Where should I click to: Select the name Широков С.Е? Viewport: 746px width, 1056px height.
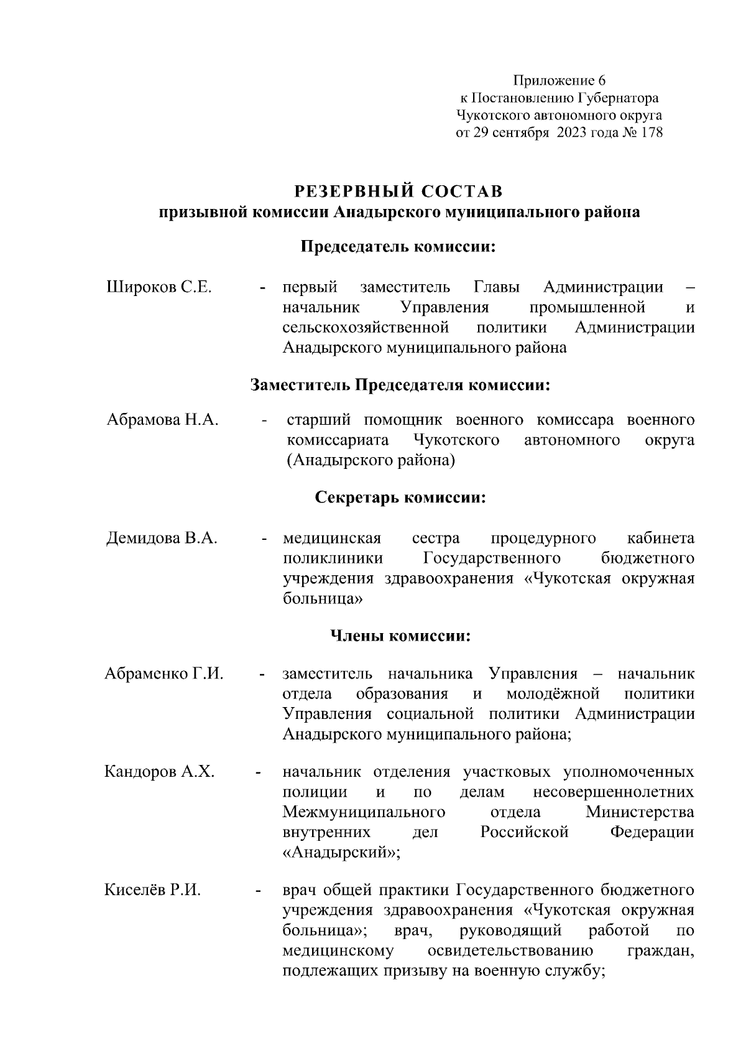159,288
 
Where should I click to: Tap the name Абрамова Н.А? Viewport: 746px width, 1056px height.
162,420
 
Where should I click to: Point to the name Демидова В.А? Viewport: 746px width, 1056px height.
162,538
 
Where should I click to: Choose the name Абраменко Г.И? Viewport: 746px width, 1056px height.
164,674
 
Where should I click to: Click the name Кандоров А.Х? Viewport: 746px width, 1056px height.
160,772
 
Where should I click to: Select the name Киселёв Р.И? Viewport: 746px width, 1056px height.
153,890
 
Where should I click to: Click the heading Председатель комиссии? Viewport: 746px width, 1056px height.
398,247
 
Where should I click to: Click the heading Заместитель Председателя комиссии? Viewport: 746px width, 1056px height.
400,385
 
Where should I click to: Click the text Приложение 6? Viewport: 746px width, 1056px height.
558,80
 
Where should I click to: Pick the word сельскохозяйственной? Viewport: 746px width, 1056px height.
366,328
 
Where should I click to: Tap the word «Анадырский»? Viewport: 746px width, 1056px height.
341,852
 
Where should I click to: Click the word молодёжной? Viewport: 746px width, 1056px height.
553,694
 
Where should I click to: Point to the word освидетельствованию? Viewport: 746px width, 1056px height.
510,950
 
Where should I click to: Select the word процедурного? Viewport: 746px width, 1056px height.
543,538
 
